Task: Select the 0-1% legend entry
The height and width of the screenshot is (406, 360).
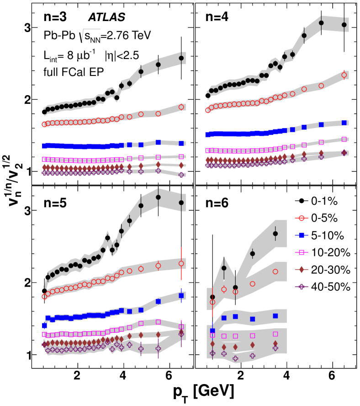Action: [x=320, y=202]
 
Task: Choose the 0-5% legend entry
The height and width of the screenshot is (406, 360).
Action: [x=320, y=219]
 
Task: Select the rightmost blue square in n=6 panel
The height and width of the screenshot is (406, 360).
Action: [x=275, y=316]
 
